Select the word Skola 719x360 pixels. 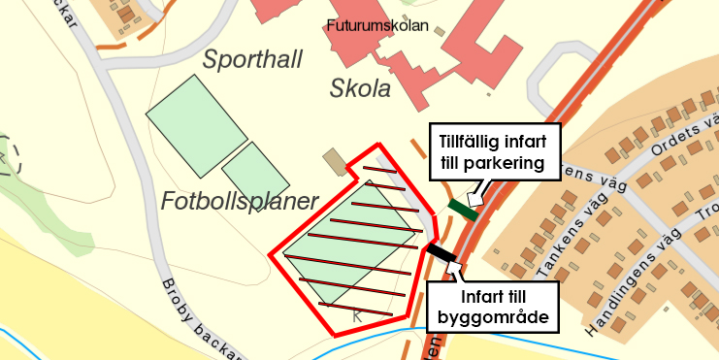pyautogui.click(x=360, y=89)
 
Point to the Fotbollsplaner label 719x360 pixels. pyautogui.click(x=240, y=202)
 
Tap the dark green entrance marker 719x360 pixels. pyautogui.click(x=463, y=209)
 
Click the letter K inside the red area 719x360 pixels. pyautogui.click(x=357, y=315)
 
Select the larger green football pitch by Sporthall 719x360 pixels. pyautogui.click(x=197, y=124)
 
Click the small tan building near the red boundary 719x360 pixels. pyautogui.click(x=336, y=162)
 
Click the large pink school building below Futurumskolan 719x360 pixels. pyautogui.click(x=456, y=58)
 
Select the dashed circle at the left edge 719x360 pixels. pyautogui.click(x=7, y=155)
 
